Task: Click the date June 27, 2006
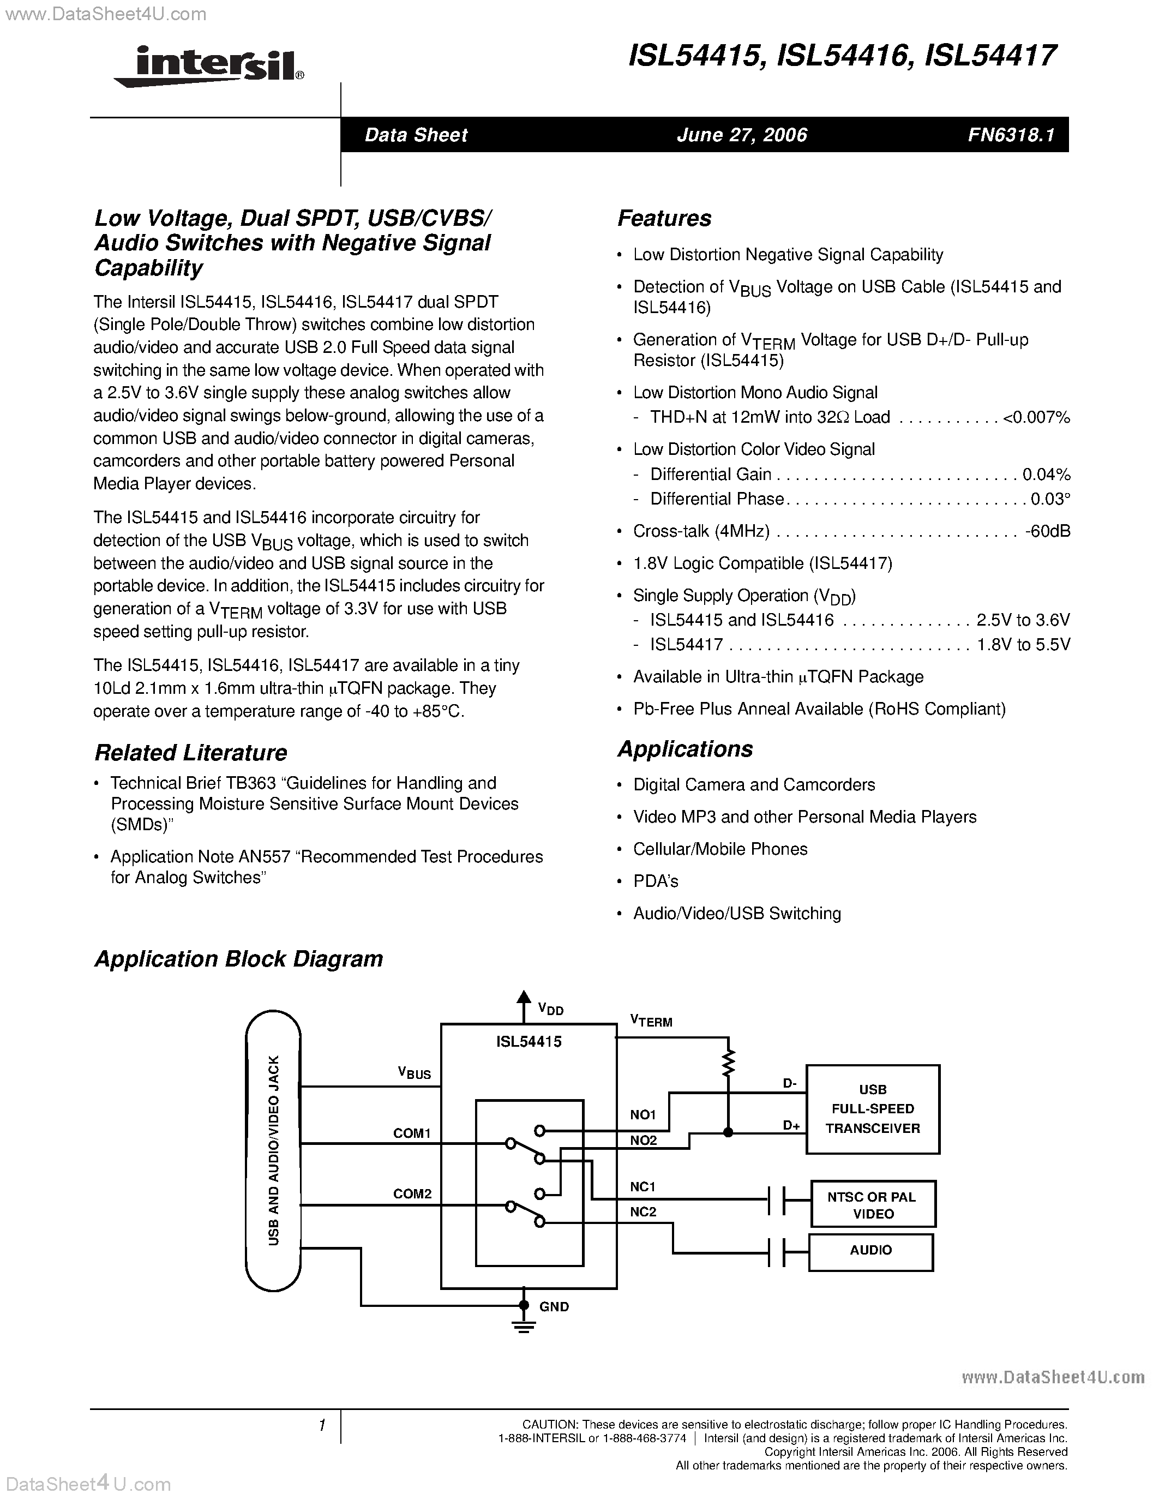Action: click(742, 135)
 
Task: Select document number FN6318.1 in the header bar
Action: click(1011, 135)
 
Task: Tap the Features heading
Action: click(664, 218)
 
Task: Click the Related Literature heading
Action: click(191, 753)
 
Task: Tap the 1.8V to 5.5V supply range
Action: click(1023, 645)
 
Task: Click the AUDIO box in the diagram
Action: click(870, 1250)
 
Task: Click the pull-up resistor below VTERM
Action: click(729, 1063)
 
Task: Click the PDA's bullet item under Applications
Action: click(656, 881)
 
